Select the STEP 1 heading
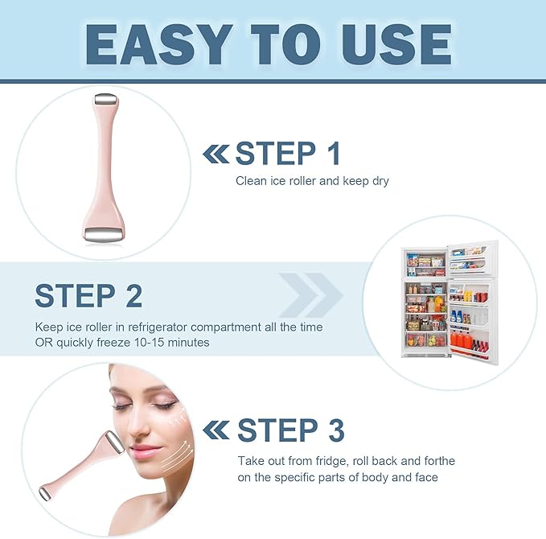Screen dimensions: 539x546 click(x=288, y=153)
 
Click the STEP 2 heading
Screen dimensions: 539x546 click(x=88, y=295)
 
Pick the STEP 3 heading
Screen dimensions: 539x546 click(x=289, y=430)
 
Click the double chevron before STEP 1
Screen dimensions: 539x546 click(x=215, y=153)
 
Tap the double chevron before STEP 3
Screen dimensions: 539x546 click(x=216, y=430)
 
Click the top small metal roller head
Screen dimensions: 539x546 click(x=104, y=99)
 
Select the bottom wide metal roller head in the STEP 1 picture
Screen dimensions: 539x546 click(x=104, y=233)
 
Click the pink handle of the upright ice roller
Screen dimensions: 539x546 click(x=104, y=161)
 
